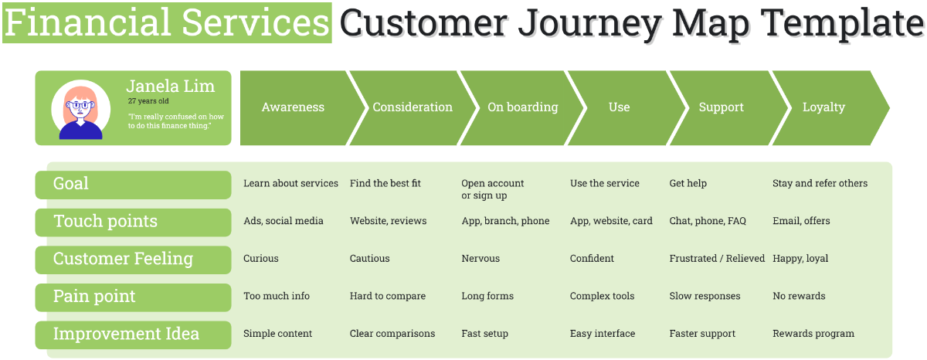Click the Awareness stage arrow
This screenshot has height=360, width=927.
294,107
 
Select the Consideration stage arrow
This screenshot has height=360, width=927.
413,107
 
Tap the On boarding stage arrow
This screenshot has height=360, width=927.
522,107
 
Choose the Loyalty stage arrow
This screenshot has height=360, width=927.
823,107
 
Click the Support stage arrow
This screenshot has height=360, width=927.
721,107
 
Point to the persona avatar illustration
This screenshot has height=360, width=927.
80,110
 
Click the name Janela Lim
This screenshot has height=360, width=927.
171,86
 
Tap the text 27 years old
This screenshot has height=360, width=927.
148,101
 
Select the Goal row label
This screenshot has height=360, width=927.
71,184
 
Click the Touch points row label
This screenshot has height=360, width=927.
105,222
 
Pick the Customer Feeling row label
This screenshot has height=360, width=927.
123,259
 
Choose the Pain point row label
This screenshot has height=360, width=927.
94,297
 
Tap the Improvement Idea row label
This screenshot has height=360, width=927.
126,335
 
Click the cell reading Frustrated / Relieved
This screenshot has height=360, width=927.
717,259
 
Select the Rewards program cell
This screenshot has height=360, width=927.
813,334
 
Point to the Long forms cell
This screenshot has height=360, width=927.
487,296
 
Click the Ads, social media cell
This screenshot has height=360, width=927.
284,221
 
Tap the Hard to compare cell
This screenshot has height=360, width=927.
388,296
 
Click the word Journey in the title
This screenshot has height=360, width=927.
589,24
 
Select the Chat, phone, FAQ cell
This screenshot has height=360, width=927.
708,221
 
